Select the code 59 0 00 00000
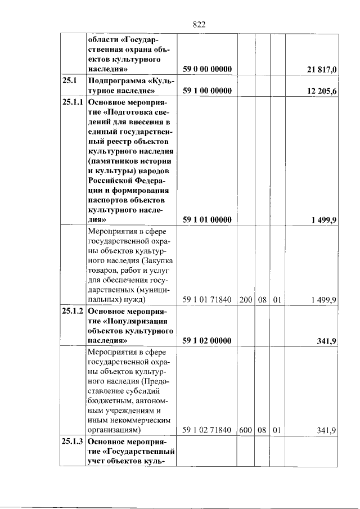click(x=208, y=69)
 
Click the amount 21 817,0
click(x=319, y=69)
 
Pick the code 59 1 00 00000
click(x=208, y=91)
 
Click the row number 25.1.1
click(x=73, y=103)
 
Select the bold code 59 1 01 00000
click(x=208, y=220)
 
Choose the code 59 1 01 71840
click(x=208, y=300)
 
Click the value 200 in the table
click(x=246, y=300)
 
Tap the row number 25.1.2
click(x=73, y=311)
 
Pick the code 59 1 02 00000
click(x=208, y=341)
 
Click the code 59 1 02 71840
click(x=208, y=430)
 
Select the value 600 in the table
click(x=246, y=430)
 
